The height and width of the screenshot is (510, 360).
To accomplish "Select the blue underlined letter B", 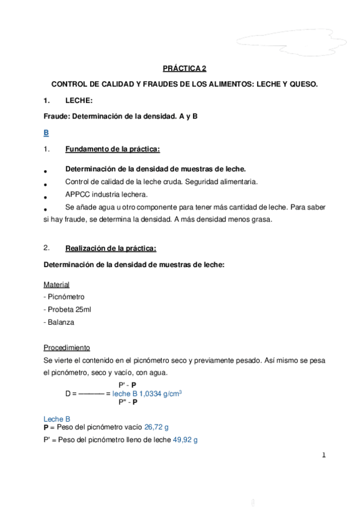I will click(47, 132).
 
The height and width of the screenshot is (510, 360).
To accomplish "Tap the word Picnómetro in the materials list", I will click(66, 296).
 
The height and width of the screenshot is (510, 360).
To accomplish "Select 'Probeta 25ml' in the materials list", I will click(69, 309).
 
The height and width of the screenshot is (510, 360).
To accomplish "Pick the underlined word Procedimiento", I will click(67, 348).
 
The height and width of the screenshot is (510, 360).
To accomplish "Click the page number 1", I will click(324, 455).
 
